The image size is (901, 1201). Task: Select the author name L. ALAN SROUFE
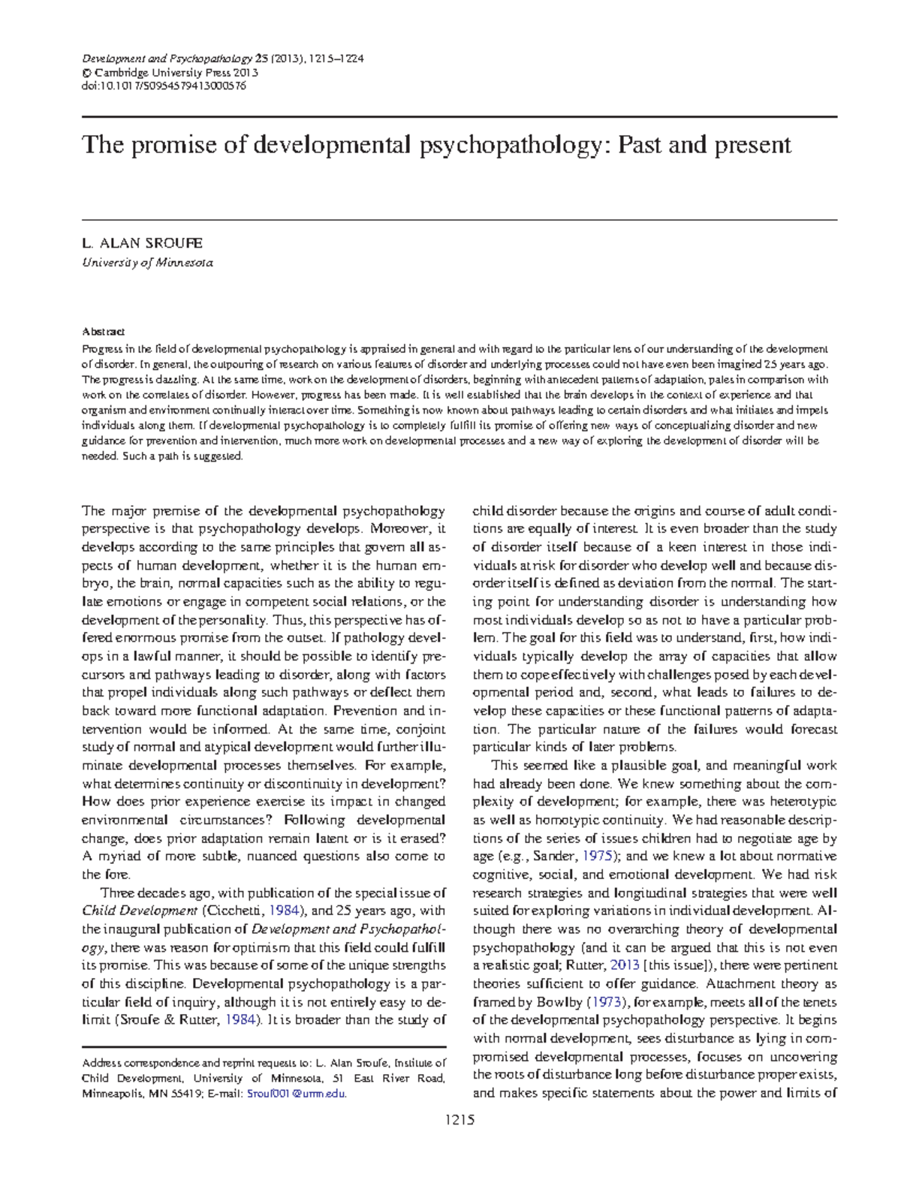142,243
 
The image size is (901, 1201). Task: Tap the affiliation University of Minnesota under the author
147,263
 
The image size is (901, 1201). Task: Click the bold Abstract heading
103,331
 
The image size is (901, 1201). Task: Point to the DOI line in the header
164,86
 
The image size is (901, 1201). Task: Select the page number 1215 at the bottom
460,1121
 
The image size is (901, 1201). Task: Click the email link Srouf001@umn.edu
297,1094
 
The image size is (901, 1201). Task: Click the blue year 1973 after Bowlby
606,1002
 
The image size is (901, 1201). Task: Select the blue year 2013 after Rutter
624,965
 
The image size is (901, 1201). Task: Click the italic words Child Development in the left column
140,911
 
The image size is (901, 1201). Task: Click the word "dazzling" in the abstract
177,380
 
